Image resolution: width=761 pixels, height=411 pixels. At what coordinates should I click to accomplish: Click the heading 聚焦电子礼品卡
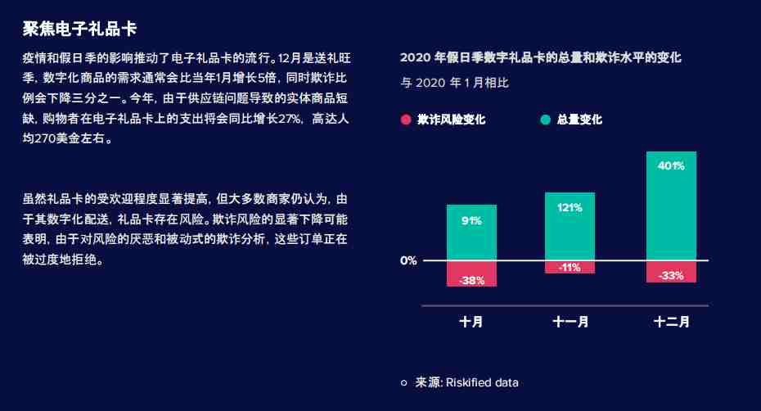pyautogui.click(x=79, y=29)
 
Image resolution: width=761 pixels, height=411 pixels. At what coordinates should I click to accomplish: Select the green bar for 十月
pyautogui.click(x=471, y=233)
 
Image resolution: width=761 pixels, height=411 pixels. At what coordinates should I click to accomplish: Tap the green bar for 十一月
pyautogui.click(x=570, y=227)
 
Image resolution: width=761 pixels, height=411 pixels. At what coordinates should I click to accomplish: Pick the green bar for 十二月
pyautogui.click(x=671, y=206)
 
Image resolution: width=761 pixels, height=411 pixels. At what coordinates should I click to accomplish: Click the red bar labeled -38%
pyautogui.click(x=471, y=274)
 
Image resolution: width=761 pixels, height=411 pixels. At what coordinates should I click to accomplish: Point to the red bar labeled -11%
pyautogui.click(x=570, y=267)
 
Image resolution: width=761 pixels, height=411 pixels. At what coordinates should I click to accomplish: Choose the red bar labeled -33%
pyautogui.click(x=671, y=272)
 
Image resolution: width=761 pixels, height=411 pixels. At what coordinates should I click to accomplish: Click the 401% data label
pyautogui.click(x=671, y=165)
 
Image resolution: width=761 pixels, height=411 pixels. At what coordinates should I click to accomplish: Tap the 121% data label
pyautogui.click(x=570, y=208)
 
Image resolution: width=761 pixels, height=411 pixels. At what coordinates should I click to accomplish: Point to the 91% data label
pyautogui.click(x=471, y=221)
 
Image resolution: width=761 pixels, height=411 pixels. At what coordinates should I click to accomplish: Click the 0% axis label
pyautogui.click(x=408, y=261)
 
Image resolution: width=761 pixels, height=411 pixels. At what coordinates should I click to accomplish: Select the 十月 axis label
pyautogui.click(x=471, y=322)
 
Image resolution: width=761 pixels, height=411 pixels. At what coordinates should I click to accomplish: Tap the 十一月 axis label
pyautogui.click(x=570, y=322)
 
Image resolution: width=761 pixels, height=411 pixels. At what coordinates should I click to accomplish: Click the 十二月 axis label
pyautogui.click(x=672, y=322)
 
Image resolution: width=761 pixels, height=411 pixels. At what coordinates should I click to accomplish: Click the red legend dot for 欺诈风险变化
pyautogui.click(x=406, y=120)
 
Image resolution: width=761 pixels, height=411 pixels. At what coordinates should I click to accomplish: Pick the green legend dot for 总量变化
pyautogui.click(x=546, y=120)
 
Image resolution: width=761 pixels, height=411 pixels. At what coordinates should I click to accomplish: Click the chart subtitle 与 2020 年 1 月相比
pyautogui.click(x=455, y=83)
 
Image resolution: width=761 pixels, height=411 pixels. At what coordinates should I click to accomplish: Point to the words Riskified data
pyautogui.click(x=482, y=383)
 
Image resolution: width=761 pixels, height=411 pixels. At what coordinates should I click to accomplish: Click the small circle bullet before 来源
pyautogui.click(x=403, y=383)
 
